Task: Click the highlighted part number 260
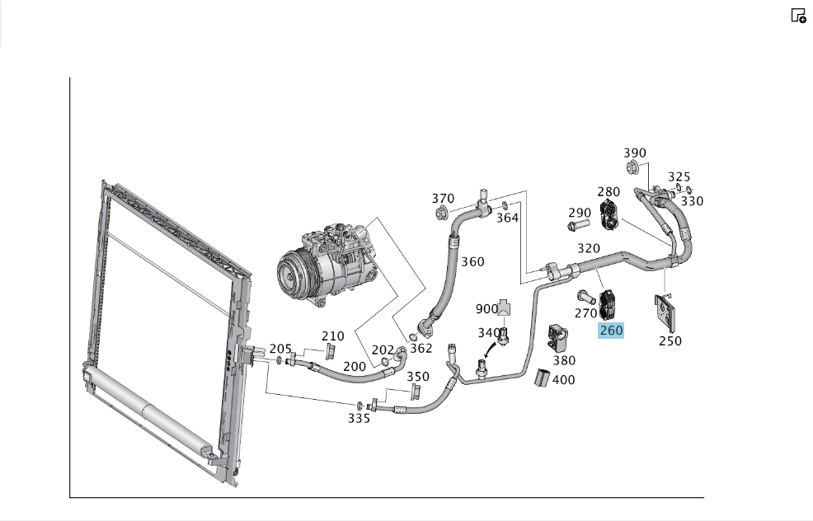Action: click(611, 331)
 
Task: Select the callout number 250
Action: click(670, 341)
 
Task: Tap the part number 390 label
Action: click(635, 153)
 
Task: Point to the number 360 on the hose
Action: click(472, 262)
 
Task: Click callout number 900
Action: click(486, 309)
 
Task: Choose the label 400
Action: click(564, 380)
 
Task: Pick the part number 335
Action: click(359, 418)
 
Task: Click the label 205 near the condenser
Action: click(280, 349)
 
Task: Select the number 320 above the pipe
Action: click(589, 248)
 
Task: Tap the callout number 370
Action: click(443, 199)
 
